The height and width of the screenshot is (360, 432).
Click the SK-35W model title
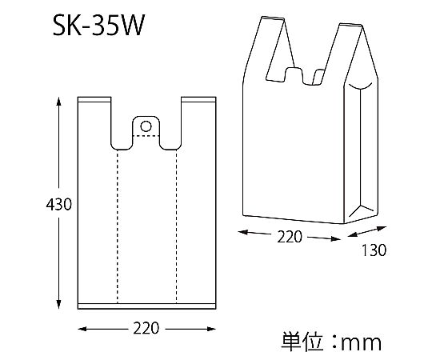[98, 26]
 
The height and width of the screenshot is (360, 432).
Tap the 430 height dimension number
[58, 205]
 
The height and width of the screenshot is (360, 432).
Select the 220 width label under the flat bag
[146, 328]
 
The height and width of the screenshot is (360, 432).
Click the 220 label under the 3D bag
[290, 237]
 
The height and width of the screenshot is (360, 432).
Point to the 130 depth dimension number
[374, 250]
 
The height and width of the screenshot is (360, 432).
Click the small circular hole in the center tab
[146, 126]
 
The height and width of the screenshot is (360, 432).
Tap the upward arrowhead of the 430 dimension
[58, 102]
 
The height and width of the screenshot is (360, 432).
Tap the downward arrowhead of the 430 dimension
[58, 304]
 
